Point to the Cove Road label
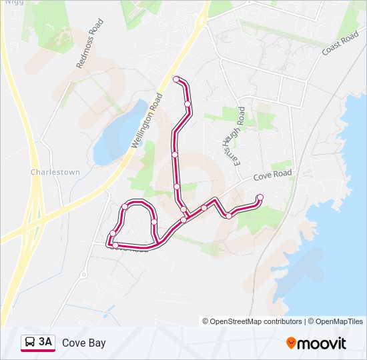point(272,175)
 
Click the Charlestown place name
point(55,172)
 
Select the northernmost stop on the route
point(177,80)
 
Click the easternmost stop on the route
point(260,197)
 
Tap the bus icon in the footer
point(30,343)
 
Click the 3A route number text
point(45,343)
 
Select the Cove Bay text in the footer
point(83,343)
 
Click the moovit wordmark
point(322,343)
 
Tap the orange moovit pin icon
point(292,343)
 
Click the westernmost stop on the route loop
point(112,233)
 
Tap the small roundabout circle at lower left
point(83,275)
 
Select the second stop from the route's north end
point(188,104)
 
